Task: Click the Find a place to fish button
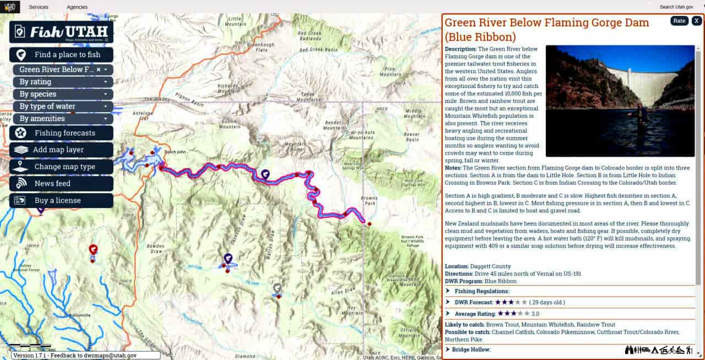click(61, 54)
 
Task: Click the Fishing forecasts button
click(61, 133)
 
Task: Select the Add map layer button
click(61, 150)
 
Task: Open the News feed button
click(61, 183)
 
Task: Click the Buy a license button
click(61, 200)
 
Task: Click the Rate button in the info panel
click(679, 21)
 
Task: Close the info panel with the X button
click(697, 21)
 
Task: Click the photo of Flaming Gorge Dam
click(620, 101)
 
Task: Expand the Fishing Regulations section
click(482, 291)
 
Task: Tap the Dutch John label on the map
click(175, 152)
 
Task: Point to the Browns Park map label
click(368, 200)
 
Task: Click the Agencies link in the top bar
click(77, 7)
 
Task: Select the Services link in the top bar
click(39, 7)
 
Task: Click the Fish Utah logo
click(61, 32)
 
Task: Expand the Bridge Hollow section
click(471, 350)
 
